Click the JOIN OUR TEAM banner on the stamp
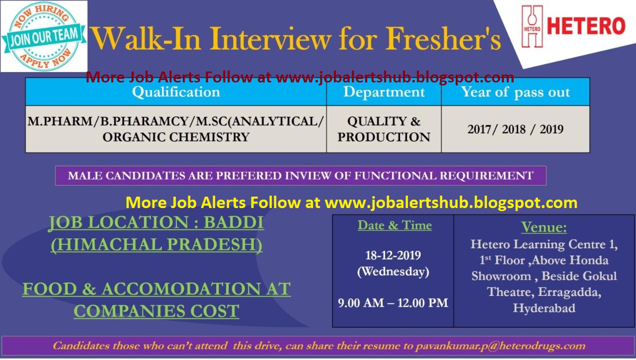[x=44, y=36]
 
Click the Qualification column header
[x=176, y=92]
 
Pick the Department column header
[x=384, y=92]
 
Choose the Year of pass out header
[x=515, y=92]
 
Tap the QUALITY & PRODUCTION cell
[x=384, y=129]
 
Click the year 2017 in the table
[x=481, y=130]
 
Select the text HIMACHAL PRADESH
[x=157, y=245]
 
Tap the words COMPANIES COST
[x=157, y=311]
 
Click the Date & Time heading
[x=395, y=225]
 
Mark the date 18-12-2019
[x=393, y=256]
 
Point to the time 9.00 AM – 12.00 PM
[x=393, y=303]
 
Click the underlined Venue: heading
[x=544, y=228]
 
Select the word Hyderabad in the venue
[x=544, y=308]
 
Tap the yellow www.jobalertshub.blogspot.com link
[x=451, y=203]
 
